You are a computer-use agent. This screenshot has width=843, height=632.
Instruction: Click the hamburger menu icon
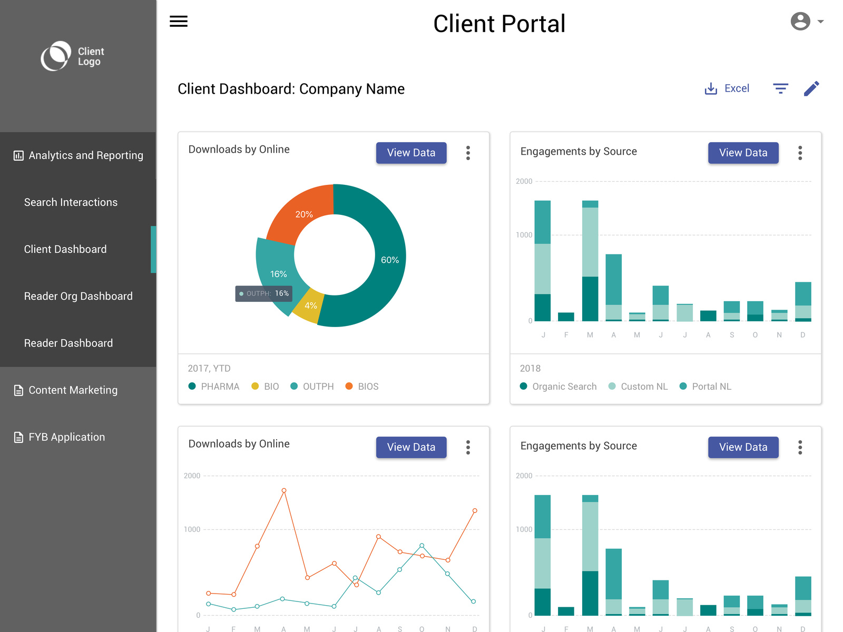click(x=179, y=21)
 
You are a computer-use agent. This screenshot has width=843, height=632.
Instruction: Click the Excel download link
click(x=727, y=88)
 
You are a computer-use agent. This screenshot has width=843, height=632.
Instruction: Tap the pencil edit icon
click(x=811, y=88)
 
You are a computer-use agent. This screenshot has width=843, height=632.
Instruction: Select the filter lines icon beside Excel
click(x=780, y=88)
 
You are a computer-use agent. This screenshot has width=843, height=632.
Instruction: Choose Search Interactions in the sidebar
click(x=71, y=202)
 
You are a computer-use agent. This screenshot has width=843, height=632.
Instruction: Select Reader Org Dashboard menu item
click(x=78, y=296)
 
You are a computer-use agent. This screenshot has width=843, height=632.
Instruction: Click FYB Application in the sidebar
click(x=66, y=437)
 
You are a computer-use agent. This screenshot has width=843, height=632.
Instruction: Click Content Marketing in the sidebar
click(x=73, y=390)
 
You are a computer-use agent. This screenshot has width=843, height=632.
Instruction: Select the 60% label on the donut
click(x=390, y=260)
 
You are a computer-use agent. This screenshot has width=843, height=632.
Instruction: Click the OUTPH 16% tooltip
click(x=264, y=293)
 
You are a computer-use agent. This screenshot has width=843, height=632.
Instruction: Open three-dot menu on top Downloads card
click(x=468, y=153)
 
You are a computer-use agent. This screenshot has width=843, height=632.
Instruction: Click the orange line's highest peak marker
click(x=284, y=490)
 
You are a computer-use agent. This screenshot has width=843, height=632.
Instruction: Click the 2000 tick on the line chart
click(x=192, y=476)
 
